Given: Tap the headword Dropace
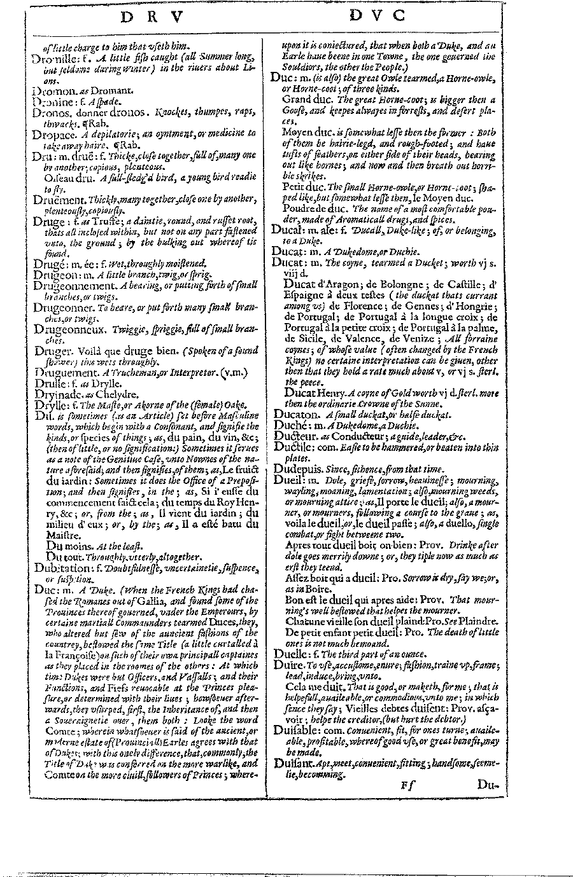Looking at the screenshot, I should click(x=51, y=132).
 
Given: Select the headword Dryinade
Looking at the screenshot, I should click(x=54, y=394).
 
